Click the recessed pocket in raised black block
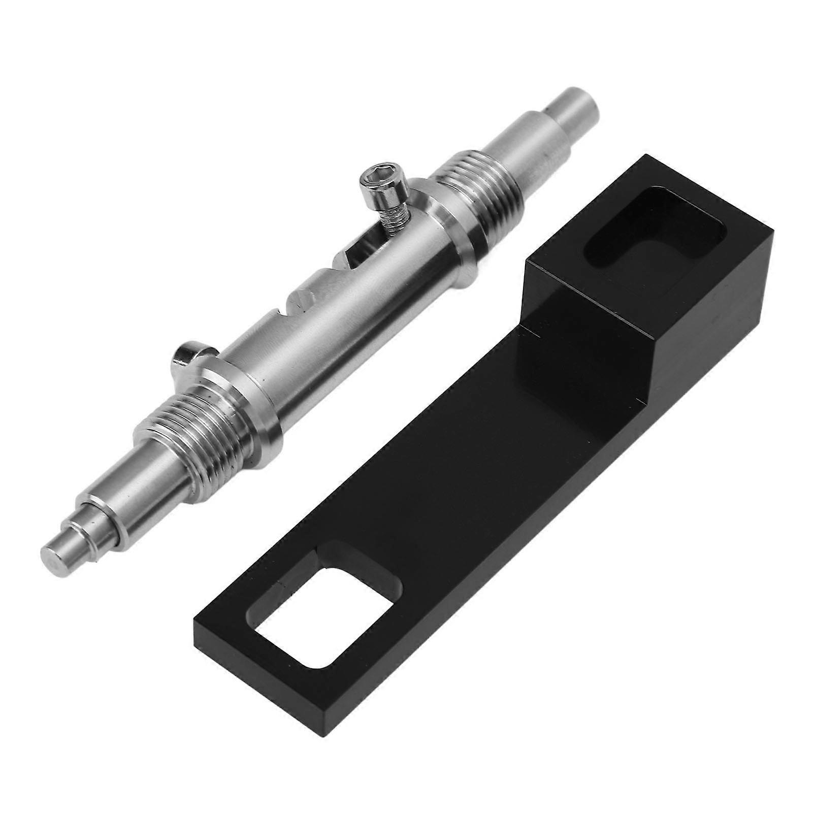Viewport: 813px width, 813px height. tap(654, 232)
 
